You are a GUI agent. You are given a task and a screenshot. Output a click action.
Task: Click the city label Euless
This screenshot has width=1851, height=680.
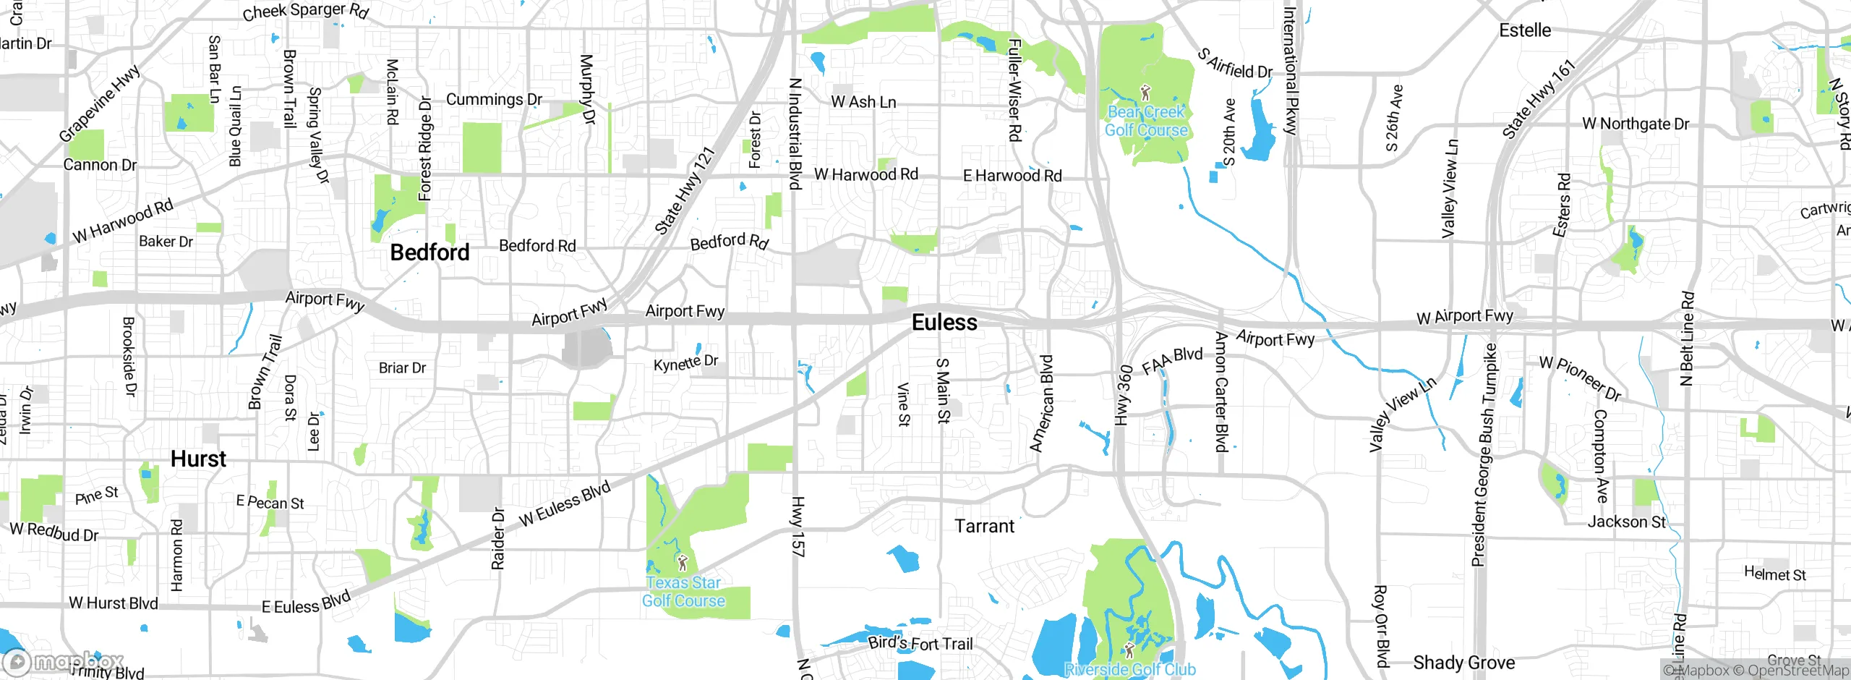coord(944,323)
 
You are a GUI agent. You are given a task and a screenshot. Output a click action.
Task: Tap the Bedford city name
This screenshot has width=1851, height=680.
coord(429,252)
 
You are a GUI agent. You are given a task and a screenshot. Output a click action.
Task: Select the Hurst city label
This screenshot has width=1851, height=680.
coord(198,459)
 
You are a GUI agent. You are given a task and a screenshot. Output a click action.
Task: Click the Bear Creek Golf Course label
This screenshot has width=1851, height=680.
coord(1146,122)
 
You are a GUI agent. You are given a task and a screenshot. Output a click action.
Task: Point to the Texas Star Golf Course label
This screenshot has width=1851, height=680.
coord(683,592)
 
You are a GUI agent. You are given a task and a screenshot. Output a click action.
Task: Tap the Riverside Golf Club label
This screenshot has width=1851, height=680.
coord(1129,669)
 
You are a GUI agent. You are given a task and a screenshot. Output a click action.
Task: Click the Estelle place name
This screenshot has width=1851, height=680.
coord(1525,30)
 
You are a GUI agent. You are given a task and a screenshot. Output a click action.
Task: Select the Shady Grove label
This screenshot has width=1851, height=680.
coord(1463,663)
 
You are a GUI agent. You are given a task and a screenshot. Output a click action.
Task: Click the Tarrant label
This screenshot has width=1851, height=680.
coord(984,526)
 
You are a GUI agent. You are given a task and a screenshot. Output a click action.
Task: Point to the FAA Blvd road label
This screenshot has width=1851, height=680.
coord(1172,360)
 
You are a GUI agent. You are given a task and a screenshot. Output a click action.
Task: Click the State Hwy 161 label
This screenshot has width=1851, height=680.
coord(1538,99)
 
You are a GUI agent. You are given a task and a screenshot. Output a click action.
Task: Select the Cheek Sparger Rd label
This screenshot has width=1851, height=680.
coord(305,11)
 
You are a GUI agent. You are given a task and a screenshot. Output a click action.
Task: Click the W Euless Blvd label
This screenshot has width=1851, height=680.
coord(565,503)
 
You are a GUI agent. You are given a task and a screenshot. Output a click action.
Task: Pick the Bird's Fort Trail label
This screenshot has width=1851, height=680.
coord(920,642)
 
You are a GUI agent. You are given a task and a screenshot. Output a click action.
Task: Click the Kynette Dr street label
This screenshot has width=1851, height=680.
coord(685,362)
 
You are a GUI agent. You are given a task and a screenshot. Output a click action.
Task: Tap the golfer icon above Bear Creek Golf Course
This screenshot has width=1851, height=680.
coord(1145,92)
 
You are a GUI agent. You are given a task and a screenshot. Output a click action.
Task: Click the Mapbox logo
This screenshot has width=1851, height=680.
coord(64,661)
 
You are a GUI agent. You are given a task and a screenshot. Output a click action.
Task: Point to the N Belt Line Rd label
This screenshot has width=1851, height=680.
coord(1687,339)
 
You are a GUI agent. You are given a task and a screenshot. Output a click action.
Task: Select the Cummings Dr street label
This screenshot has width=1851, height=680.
coord(494,99)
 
